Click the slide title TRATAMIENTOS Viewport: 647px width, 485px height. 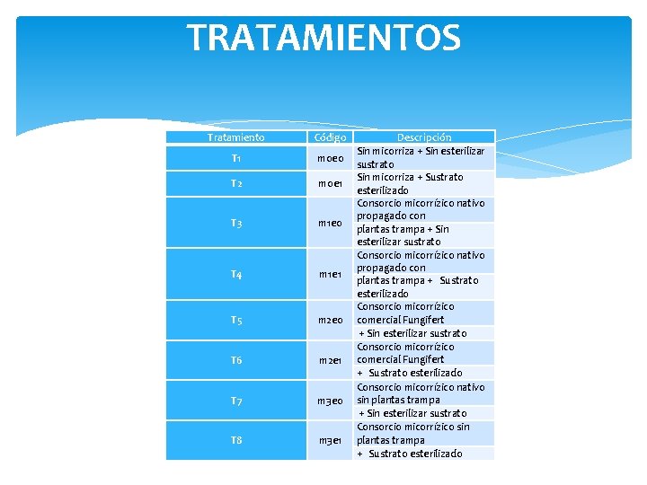click(x=323, y=39)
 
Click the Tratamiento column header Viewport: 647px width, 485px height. click(x=235, y=137)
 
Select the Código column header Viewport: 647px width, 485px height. click(x=330, y=137)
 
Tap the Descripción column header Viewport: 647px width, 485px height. click(x=424, y=137)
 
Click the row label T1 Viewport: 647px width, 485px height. click(x=235, y=159)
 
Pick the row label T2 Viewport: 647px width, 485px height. click(x=235, y=184)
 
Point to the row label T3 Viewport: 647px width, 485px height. click(x=235, y=223)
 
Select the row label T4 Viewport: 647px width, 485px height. click(x=235, y=274)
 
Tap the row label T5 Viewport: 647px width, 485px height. click(x=235, y=321)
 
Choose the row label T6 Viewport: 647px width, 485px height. click(x=235, y=360)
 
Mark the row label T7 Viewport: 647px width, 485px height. click(x=235, y=401)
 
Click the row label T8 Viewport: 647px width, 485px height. click(x=235, y=440)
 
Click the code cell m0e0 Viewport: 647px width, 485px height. click(x=330, y=159)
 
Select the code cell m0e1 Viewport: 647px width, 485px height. click(x=330, y=184)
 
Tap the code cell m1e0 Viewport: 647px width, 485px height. click(x=330, y=223)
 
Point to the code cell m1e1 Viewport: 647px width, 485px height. click(x=330, y=274)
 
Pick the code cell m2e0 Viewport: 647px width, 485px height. click(x=330, y=321)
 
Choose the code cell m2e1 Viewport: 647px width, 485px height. click(x=330, y=360)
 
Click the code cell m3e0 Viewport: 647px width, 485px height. click(x=330, y=401)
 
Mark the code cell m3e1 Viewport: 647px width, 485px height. click(x=330, y=440)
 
